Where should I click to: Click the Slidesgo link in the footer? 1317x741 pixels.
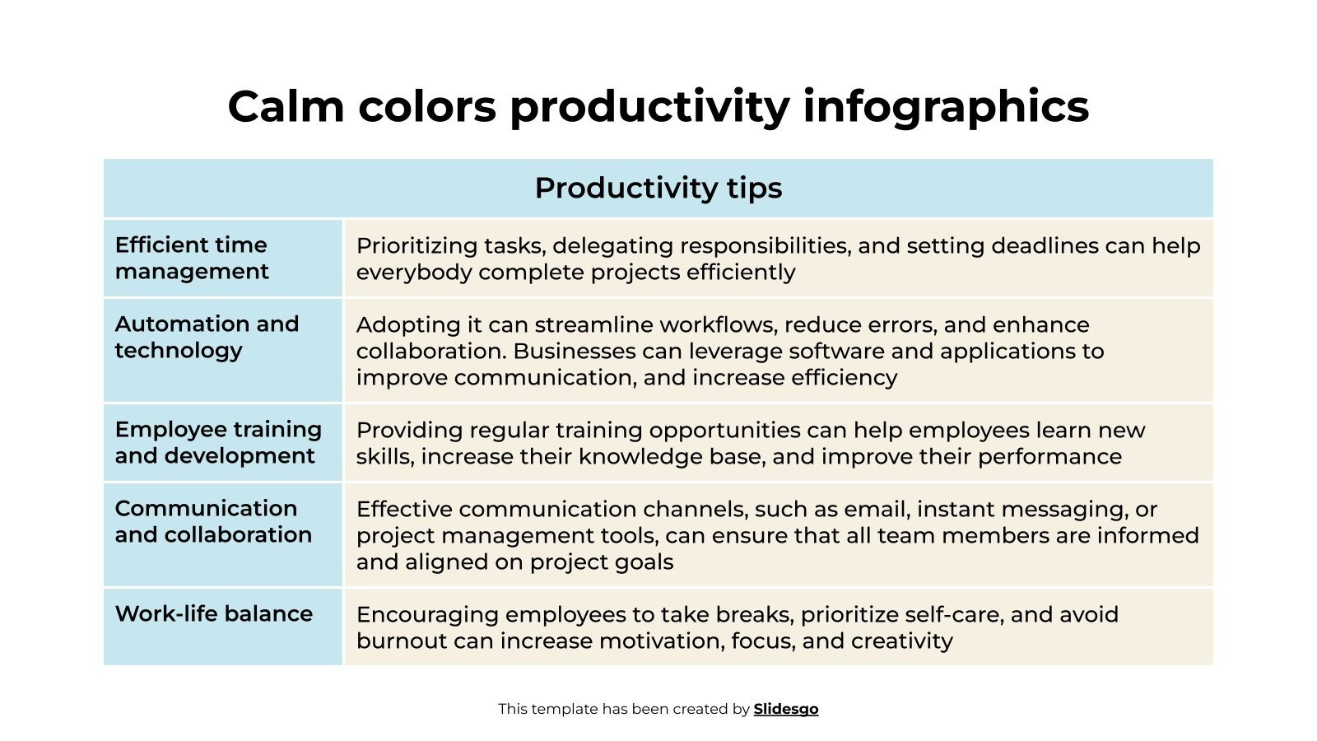[x=785, y=709]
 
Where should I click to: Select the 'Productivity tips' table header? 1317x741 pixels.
[x=658, y=189]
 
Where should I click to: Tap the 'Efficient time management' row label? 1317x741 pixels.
[x=192, y=258]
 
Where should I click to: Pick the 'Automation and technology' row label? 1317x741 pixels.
[x=207, y=337]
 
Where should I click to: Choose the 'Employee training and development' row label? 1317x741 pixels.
[x=218, y=442]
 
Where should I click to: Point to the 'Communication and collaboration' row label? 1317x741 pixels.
[x=213, y=521]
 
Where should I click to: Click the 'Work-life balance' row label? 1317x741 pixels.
[x=214, y=613]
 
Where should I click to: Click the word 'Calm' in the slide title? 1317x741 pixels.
[x=285, y=107]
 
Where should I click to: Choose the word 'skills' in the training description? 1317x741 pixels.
[x=384, y=457]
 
